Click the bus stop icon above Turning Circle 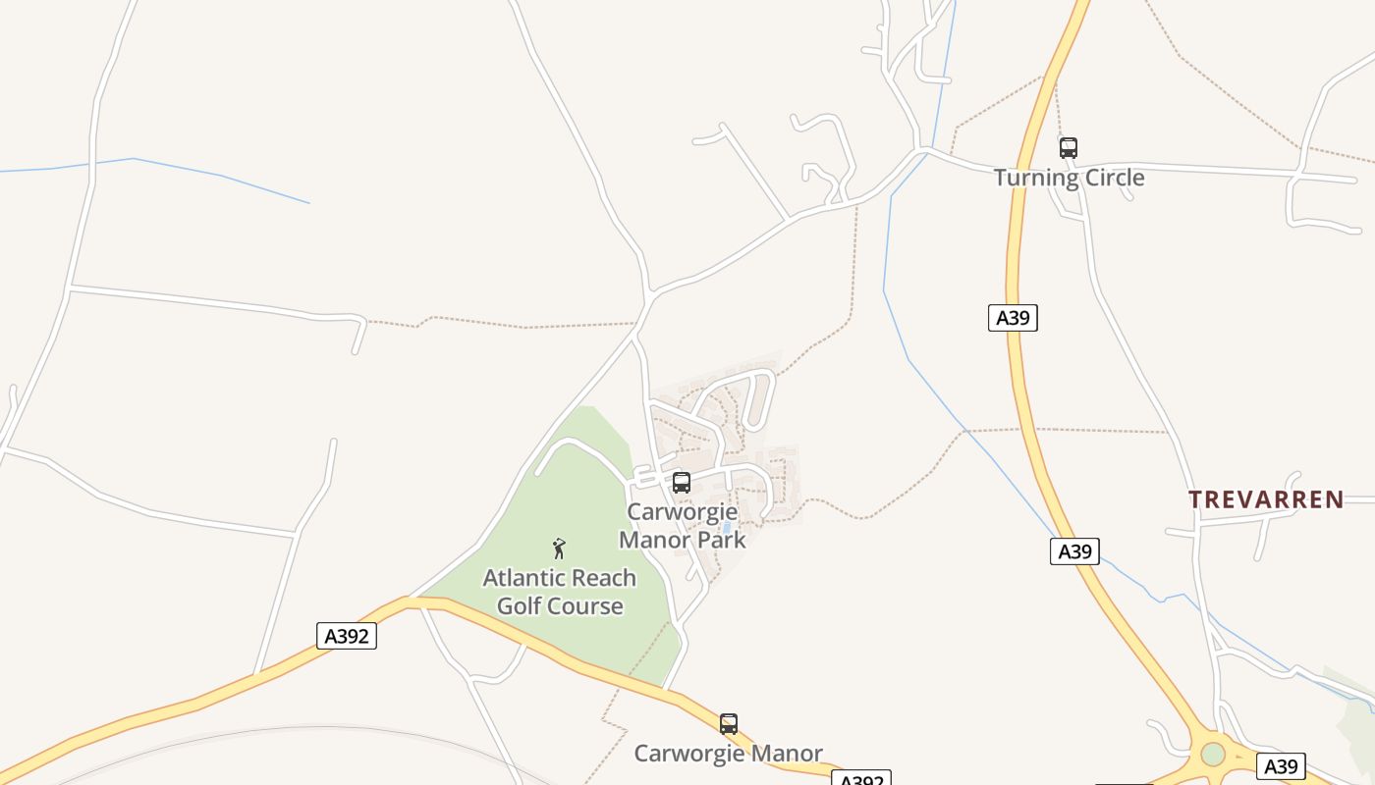coord(1069,148)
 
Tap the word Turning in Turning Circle coord(1035,178)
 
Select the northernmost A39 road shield coord(1013,317)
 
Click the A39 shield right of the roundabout coord(1281,766)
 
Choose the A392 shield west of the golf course coord(347,636)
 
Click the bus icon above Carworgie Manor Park coord(682,483)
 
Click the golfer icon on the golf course coord(559,549)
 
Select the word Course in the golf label coord(588,605)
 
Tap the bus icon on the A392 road coord(729,724)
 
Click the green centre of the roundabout coord(1213,754)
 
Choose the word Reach coord(602,578)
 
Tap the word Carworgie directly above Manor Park coord(683,512)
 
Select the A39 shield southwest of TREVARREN coord(1074,551)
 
